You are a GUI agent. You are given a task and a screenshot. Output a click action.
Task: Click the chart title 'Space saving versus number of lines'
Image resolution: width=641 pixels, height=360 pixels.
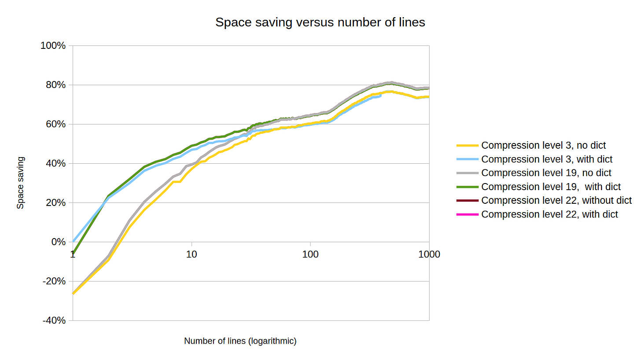click(x=320, y=22)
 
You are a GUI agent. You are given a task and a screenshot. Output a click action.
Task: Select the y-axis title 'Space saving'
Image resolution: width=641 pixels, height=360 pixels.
click(x=21, y=183)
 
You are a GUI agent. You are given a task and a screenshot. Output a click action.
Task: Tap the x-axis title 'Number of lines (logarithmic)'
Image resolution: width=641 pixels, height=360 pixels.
click(x=240, y=341)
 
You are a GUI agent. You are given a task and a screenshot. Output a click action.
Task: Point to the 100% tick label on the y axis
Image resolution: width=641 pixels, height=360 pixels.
click(x=53, y=46)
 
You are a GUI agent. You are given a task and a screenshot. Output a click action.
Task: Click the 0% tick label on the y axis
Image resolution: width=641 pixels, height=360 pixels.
click(x=58, y=242)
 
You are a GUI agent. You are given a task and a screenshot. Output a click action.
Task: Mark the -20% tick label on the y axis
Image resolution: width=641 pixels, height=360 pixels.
click(x=54, y=281)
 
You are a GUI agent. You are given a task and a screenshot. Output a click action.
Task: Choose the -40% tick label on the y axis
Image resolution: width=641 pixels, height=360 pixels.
click(x=54, y=320)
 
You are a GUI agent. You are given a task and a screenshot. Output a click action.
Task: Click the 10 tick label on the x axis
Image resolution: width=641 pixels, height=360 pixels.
click(x=192, y=254)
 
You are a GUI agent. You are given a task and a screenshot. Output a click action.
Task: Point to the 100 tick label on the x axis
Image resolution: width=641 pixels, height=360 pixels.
click(x=310, y=254)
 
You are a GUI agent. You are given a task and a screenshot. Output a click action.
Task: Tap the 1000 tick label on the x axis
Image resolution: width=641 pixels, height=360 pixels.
click(x=429, y=254)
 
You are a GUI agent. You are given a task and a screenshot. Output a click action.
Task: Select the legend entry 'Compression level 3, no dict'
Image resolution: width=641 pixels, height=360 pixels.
click(x=543, y=145)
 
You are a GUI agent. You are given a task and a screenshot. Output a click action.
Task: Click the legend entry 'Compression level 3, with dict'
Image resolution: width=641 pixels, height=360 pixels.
click(x=547, y=159)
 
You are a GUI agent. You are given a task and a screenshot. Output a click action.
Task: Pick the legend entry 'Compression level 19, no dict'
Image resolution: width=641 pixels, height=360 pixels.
click(x=546, y=173)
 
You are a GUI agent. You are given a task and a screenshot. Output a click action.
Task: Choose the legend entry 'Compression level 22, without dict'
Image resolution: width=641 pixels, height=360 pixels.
click(x=556, y=200)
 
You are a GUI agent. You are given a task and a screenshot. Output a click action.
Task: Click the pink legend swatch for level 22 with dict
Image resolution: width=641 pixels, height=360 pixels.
click(x=467, y=214)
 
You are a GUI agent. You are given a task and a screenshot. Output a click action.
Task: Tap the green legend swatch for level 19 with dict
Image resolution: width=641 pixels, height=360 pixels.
click(x=467, y=187)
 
